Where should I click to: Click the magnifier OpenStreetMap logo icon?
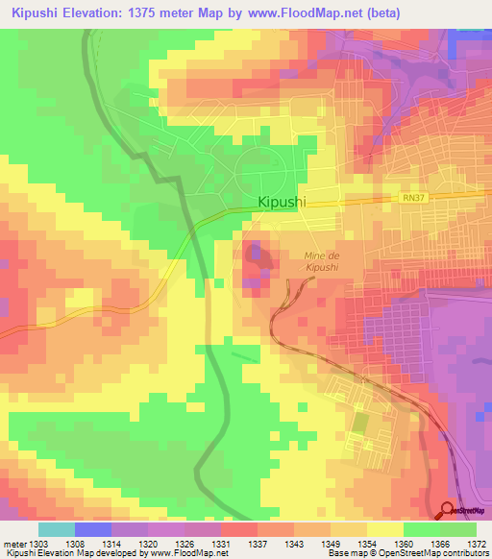[x=448, y=511]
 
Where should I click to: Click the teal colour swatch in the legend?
[x=57, y=529]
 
